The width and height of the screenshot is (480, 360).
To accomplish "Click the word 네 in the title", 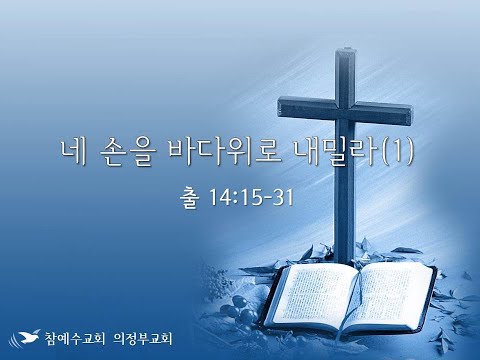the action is (73, 153).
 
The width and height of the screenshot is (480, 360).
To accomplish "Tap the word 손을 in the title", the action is (128, 153).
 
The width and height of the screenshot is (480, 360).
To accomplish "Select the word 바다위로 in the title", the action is (225, 153).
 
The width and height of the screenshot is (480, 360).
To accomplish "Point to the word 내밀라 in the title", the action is (337, 153).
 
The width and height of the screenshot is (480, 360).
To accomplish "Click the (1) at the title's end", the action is (397, 153).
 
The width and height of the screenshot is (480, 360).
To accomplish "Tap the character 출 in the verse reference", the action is (190, 197).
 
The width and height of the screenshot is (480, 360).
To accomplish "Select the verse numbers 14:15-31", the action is (251, 197).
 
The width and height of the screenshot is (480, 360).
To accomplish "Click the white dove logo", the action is (24, 338).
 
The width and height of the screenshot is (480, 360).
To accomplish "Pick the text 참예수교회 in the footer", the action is (75, 338).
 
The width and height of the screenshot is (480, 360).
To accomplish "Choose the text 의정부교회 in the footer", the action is (143, 338).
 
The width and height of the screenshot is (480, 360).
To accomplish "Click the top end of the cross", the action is (344, 50).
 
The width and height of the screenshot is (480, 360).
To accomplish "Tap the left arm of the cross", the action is (306, 106).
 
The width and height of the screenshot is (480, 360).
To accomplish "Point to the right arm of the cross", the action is (383, 113).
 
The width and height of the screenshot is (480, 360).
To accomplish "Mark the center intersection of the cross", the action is (345, 110).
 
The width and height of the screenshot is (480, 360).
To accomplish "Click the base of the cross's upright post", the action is (344, 258).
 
